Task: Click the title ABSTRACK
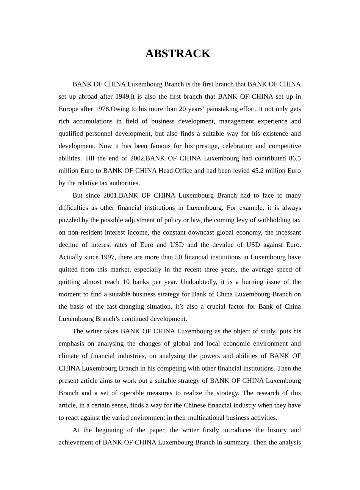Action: [178, 54]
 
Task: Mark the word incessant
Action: [287, 232]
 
